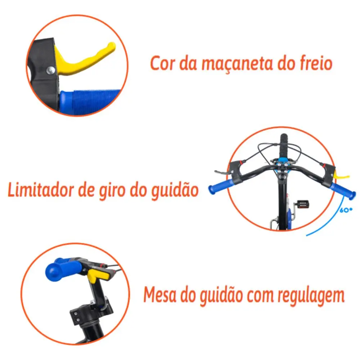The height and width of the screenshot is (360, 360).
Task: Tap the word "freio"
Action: click(x=316, y=63)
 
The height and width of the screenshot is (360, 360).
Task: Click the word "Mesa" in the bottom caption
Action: click(x=160, y=294)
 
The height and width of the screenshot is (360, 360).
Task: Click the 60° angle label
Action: click(x=346, y=210)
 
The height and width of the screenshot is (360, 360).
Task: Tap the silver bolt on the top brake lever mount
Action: click(x=50, y=71)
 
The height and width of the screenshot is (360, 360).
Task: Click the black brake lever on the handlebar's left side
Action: click(x=224, y=172)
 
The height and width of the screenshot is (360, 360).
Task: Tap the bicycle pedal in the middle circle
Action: click(x=303, y=204)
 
